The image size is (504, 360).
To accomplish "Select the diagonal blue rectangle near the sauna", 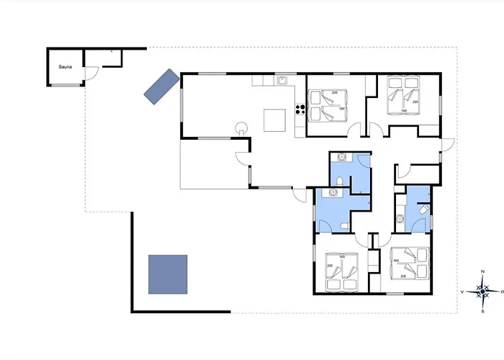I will click(x=160, y=86).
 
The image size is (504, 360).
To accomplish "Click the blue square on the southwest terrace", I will click(x=168, y=274).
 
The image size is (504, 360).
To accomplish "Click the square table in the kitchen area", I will click(x=274, y=120).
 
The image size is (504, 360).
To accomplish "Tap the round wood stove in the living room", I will click(x=240, y=128).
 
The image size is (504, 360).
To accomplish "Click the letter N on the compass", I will click(x=482, y=271).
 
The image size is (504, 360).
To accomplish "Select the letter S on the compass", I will click(x=482, y=312).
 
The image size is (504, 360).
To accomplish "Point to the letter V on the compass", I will click(x=462, y=292).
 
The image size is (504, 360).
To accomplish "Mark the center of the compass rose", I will click(x=482, y=292).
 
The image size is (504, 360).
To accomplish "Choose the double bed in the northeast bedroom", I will click(x=403, y=96).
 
